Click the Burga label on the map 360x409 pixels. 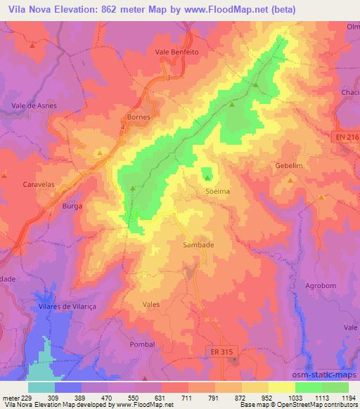coord(72,206)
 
